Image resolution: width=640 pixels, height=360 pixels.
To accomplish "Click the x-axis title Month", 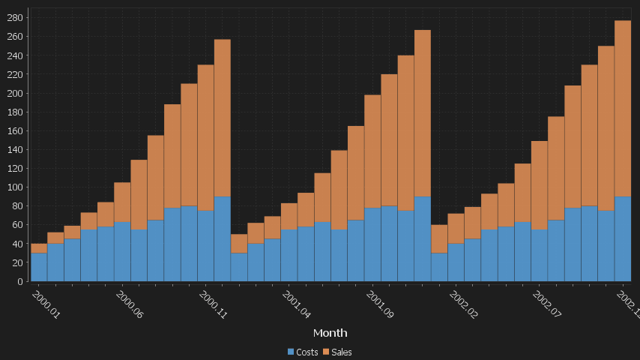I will (330, 332).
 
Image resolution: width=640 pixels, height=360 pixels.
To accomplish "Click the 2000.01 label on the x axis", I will (46, 305).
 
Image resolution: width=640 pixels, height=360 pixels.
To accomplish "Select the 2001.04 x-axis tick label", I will (296, 305).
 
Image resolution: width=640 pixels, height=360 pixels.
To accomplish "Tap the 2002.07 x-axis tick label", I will (546, 305).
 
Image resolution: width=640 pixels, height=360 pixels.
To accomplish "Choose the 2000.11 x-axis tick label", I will (213, 305).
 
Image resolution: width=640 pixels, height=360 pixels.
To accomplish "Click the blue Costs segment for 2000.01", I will (39, 267).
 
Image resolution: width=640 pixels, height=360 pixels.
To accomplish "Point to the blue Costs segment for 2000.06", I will (122, 251).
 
